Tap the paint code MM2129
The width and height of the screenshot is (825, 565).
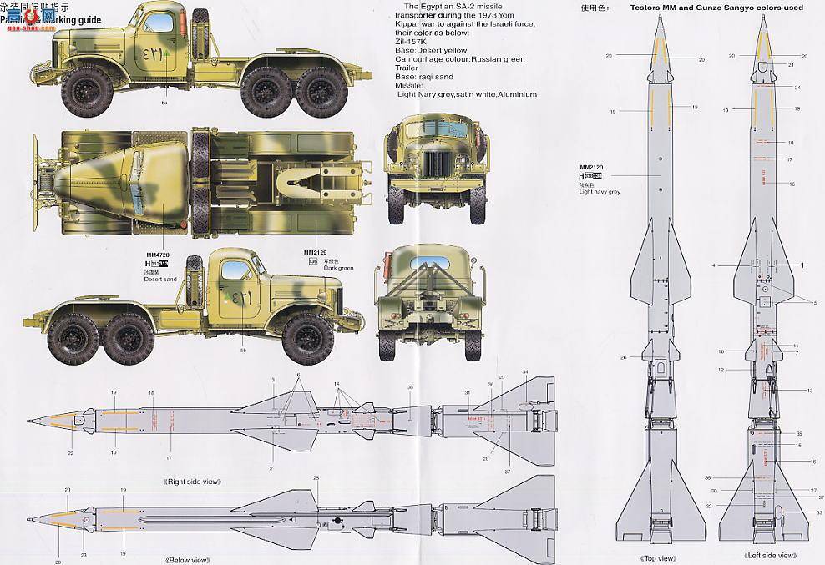coord(316,252)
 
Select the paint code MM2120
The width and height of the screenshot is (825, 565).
coord(590,167)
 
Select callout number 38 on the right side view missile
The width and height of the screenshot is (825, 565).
coord(410,387)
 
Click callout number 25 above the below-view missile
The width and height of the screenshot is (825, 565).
coord(316,478)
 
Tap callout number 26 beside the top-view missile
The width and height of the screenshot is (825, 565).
coord(622,357)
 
